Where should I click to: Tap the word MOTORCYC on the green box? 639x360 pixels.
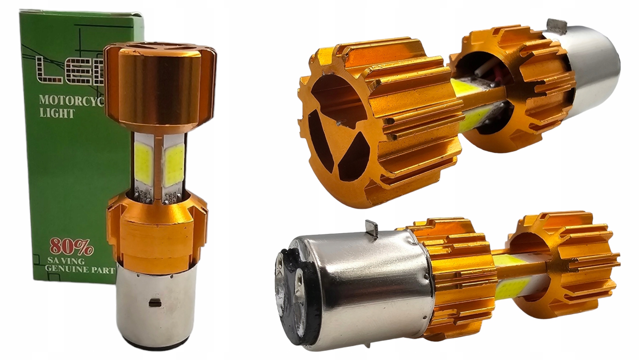pyautogui.click(x=70, y=100)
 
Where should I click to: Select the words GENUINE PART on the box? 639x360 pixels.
pyautogui.click(x=80, y=270)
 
